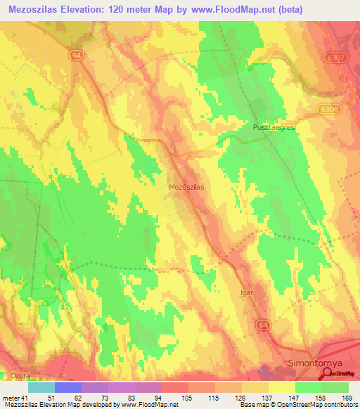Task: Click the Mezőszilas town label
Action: point(186,188)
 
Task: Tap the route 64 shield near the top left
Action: point(76,54)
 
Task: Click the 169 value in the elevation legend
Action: point(348,398)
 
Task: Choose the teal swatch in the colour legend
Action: point(41,387)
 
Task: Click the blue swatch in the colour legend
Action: point(68,387)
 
